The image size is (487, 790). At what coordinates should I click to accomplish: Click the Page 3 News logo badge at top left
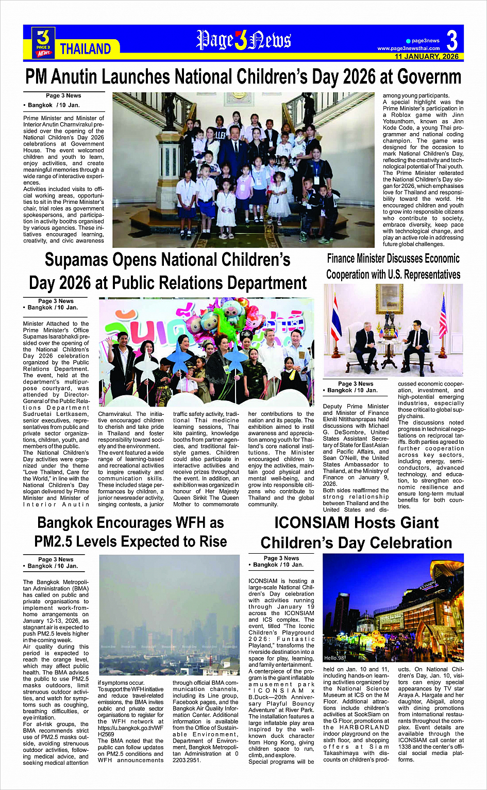44,42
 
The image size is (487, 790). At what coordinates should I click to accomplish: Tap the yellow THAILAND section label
86,49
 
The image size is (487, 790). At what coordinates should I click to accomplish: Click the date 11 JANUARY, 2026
426,57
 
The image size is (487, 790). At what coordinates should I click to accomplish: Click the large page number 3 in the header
452,40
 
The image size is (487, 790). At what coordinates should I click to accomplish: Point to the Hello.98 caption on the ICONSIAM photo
334,658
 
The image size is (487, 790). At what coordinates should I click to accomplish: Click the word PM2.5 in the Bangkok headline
60,541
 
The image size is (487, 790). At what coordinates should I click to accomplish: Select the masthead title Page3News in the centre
243,40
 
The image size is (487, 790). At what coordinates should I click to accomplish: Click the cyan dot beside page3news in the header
408,41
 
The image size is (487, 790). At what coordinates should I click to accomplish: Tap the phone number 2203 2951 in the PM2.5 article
187,760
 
